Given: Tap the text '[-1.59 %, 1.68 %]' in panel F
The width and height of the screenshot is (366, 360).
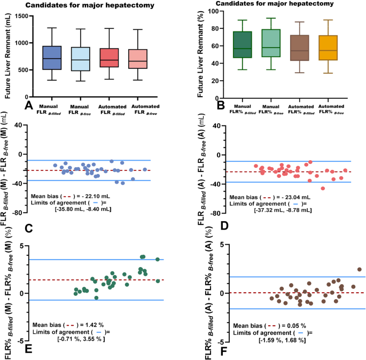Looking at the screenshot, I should [282, 340].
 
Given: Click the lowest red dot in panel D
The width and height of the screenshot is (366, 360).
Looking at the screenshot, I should [323, 188].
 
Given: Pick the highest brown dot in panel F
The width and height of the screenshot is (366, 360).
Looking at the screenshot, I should [360, 270].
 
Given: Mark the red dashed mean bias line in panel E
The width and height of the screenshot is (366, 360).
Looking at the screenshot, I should [107, 280].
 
